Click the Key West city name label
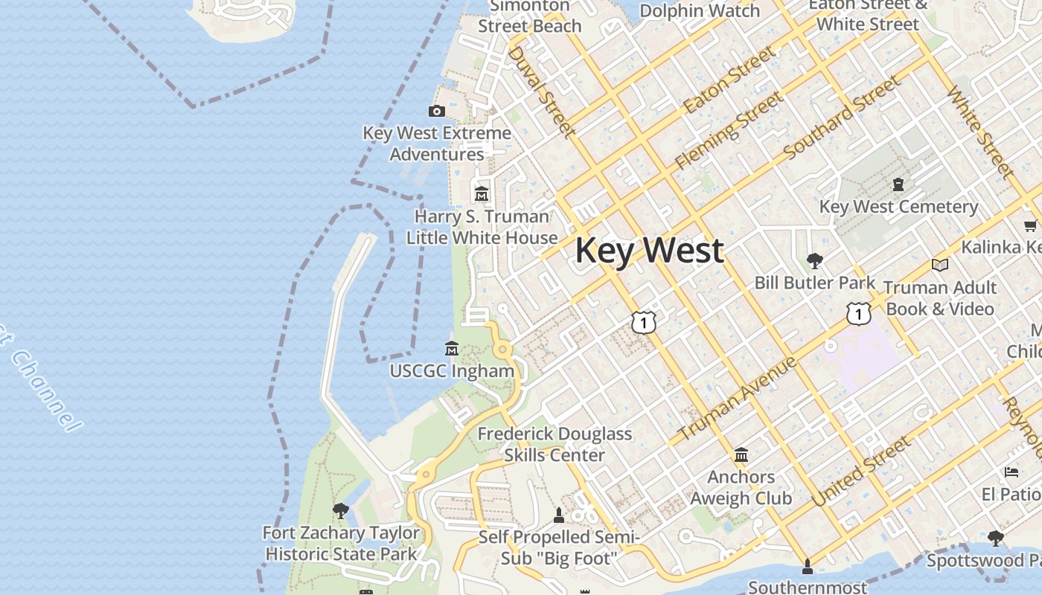pos(649,251)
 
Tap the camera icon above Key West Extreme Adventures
pos(437,112)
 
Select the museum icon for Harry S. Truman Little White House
pos(482,194)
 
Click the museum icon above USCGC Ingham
pos(452,348)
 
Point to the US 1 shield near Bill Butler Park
pos(858,314)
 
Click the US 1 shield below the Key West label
pos(644,321)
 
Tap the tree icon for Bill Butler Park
pos(815,260)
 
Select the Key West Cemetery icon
pos(898,184)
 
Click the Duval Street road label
pos(542,91)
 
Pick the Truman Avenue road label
pos(738,398)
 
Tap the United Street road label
pos(862,472)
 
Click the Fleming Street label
pos(729,130)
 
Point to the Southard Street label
pos(842,117)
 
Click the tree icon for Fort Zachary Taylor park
pos(341,510)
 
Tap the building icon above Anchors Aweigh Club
pos(741,454)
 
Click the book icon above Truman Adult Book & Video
pos(940,265)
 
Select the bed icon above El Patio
pos(1011,472)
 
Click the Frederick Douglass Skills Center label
pos(554,444)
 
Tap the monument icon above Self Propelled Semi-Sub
pos(559,515)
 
